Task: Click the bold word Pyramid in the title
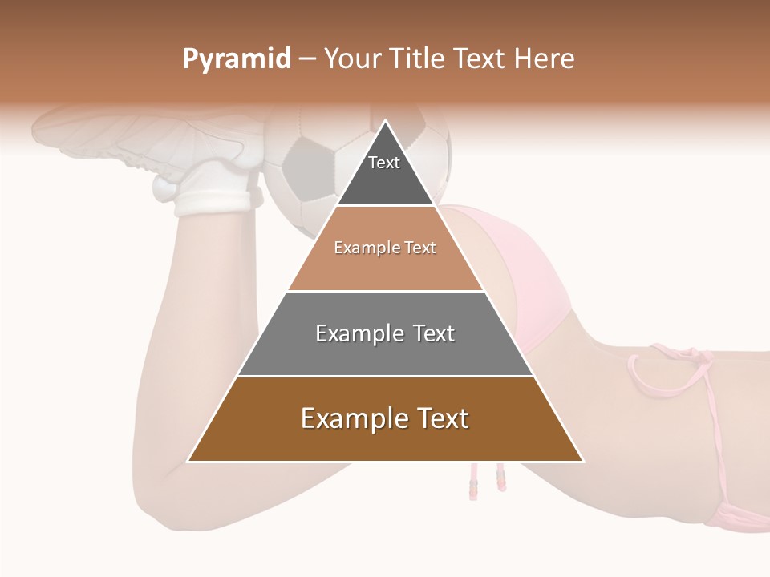pyautogui.click(x=236, y=59)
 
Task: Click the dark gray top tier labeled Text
pyautogui.click(x=384, y=172)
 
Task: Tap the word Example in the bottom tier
pyautogui.click(x=349, y=419)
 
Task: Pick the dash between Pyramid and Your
pyautogui.click(x=306, y=59)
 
